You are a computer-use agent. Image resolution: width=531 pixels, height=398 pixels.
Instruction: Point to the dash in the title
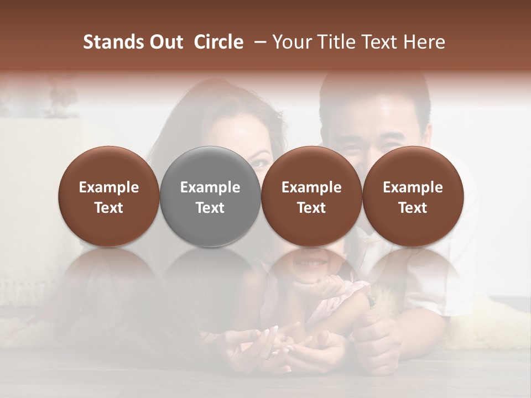click(258, 42)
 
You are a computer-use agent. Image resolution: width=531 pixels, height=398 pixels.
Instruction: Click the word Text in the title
click(381, 42)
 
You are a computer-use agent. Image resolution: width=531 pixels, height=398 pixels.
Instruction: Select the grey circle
click(210, 196)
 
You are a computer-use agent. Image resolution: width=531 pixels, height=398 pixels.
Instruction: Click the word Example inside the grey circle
click(210, 187)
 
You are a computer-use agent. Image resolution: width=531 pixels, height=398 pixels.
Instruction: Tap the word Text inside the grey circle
click(210, 208)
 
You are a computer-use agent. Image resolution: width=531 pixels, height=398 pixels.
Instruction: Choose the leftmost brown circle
click(109, 196)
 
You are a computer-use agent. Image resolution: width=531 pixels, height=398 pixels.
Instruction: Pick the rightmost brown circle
click(413, 196)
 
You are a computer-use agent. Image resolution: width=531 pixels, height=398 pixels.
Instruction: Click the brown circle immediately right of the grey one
click(311, 196)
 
